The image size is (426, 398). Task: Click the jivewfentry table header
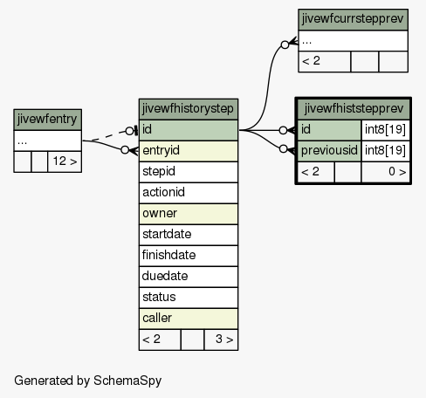(x=47, y=120)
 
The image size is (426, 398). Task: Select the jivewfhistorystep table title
(x=189, y=109)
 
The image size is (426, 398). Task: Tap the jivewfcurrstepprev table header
(x=353, y=19)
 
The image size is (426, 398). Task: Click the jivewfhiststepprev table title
(x=354, y=109)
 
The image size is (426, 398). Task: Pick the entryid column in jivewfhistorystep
(x=189, y=151)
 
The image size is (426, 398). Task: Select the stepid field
(x=189, y=172)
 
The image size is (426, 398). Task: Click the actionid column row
(x=189, y=193)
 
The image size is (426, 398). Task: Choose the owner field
(x=189, y=214)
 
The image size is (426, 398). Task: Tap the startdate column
(x=189, y=235)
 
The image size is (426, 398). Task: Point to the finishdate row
(x=189, y=256)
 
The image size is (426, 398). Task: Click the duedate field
(x=189, y=277)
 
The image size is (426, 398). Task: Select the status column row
(x=189, y=298)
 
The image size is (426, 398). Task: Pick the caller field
(x=189, y=319)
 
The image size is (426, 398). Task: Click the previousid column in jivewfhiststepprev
(x=329, y=151)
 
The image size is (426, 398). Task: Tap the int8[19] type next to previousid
(x=385, y=151)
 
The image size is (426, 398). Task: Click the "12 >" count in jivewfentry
(x=65, y=161)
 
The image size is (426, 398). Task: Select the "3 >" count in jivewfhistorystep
(x=221, y=340)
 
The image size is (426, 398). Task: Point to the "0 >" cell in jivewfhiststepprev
(x=385, y=172)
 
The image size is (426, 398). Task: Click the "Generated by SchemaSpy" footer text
(x=88, y=381)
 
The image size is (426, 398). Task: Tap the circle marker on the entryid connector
(x=125, y=150)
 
